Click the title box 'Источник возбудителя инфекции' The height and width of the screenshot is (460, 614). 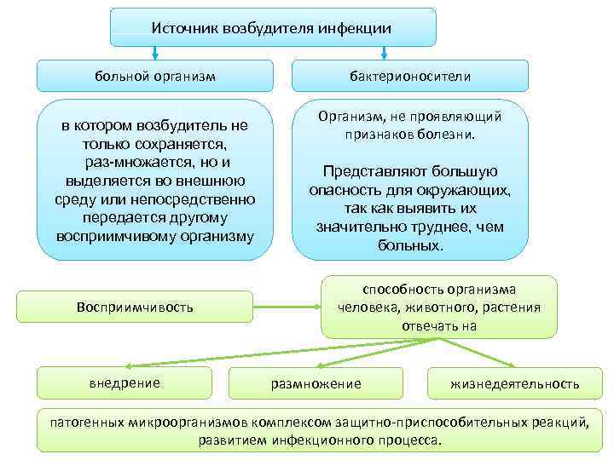[272, 28]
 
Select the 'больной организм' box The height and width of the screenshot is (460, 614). [154, 76]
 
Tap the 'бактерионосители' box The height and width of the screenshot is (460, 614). [409, 76]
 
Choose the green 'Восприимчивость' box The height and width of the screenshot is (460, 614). [135, 307]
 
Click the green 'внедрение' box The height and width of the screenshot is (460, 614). [125, 382]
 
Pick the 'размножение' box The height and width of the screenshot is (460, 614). [316, 383]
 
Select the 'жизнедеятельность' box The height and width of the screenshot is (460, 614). [514, 383]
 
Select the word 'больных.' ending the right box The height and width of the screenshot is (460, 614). [409, 245]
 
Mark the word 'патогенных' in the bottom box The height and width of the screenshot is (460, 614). [86, 422]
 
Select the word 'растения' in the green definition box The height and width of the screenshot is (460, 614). [513, 308]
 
